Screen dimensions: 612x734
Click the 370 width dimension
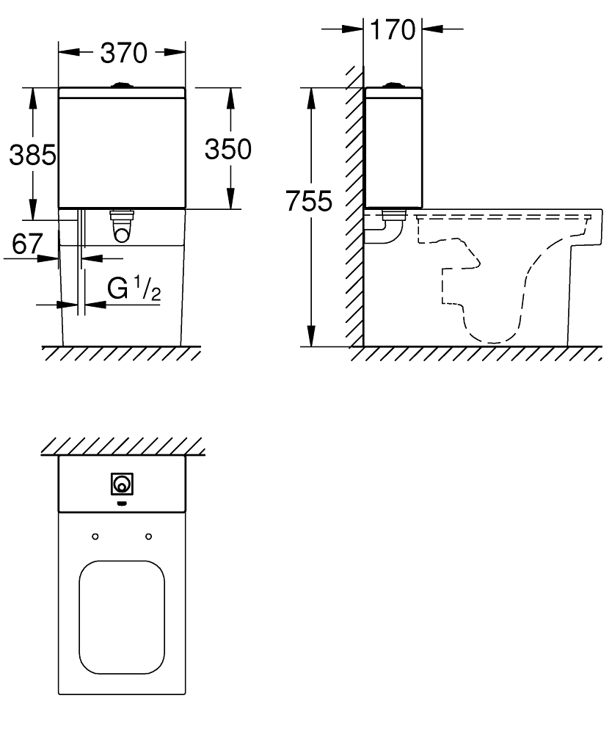pyautogui.click(x=124, y=52)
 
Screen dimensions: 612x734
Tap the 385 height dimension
pyautogui.click(x=33, y=154)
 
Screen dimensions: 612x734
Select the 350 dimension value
pyautogui.click(x=228, y=149)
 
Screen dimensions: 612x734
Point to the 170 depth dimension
pyautogui.click(x=393, y=29)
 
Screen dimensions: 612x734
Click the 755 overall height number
pyautogui.click(x=309, y=201)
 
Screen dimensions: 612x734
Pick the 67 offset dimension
pyautogui.click(x=27, y=244)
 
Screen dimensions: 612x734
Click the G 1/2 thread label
pyautogui.click(x=134, y=288)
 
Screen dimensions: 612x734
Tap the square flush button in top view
pyautogui.click(x=122, y=484)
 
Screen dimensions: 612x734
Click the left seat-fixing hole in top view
pyautogui.click(x=95, y=536)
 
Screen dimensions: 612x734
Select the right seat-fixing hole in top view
pyautogui.click(x=149, y=536)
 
